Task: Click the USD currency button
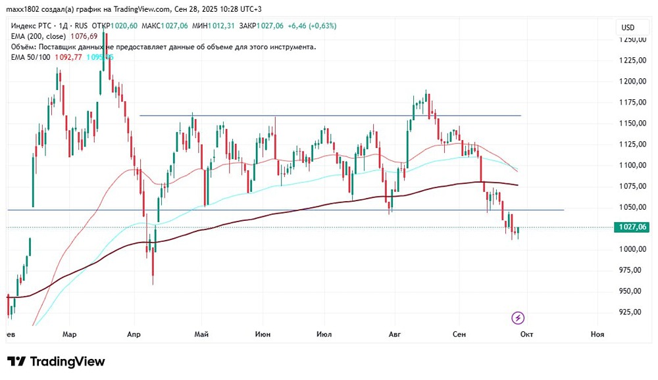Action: tap(628, 28)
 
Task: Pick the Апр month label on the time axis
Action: tap(134, 335)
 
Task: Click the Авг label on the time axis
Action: tap(395, 335)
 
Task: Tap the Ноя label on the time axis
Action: tap(597, 335)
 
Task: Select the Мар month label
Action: tap(69, 335)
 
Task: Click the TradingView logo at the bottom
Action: tap(56, 362)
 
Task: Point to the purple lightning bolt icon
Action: tap(518, 318)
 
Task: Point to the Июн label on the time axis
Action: tap(262, 335)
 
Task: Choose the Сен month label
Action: tap(459, 335)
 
